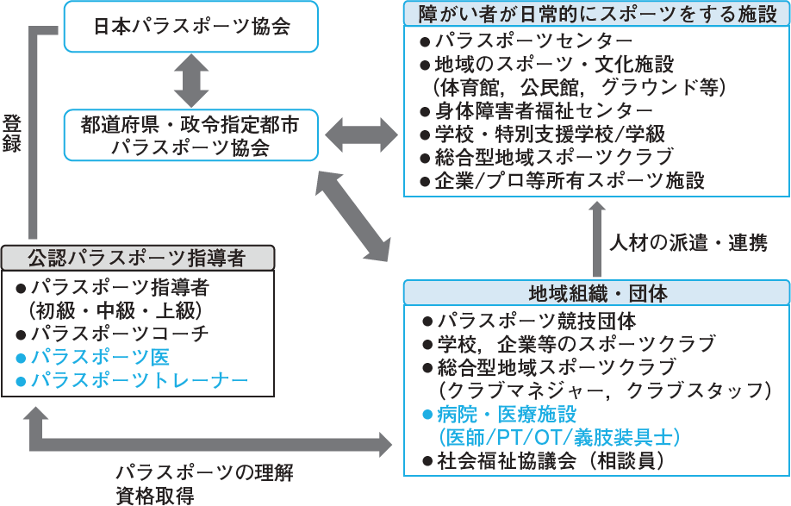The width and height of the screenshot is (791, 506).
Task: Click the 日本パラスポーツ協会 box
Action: click(x=190, y=27)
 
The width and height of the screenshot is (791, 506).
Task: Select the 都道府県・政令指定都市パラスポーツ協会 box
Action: click(x=190, y=136)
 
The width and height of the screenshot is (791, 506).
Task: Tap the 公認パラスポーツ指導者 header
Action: click(x=138, y=257)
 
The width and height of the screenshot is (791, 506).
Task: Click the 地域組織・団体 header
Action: click(x=597, y=293)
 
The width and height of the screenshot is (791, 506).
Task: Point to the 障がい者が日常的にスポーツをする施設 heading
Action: click(x=597, y=14)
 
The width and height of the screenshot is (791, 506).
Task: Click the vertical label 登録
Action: click(x=12, y=133)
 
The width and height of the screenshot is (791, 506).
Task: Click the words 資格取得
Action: click(x=155, y=495)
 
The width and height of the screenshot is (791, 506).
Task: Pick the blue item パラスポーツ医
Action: click(x=100, y=357)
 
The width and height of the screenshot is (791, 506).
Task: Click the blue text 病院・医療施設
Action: click(x=507, y=415)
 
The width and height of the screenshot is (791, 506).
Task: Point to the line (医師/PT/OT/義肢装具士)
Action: click(x=560, y=438)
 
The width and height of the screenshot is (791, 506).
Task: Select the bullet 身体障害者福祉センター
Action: click(x=543, y=111)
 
